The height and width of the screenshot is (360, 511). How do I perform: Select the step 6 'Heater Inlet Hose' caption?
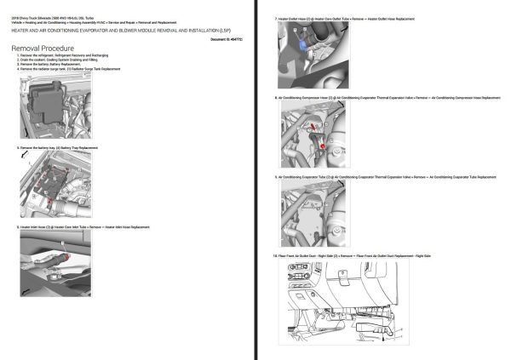(x=85, y=227)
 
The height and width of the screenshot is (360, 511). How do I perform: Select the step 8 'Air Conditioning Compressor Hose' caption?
(x=383, y=98)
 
